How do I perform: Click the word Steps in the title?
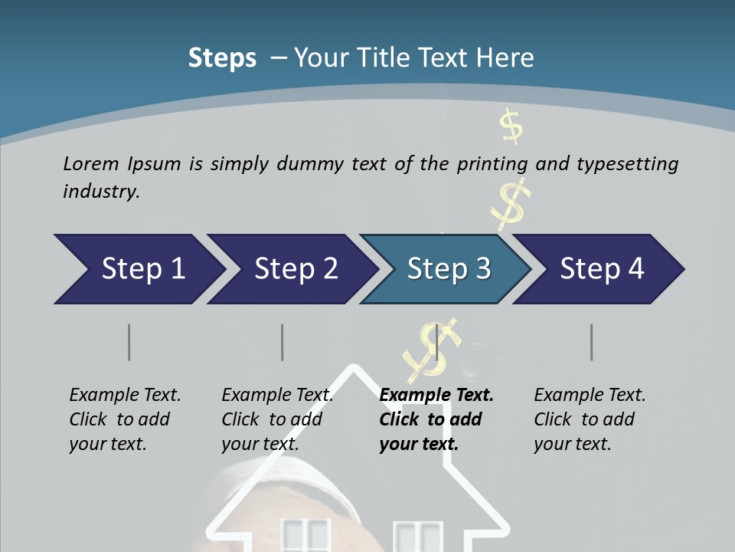222,58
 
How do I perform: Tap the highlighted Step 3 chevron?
449,269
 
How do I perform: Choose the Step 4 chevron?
602,269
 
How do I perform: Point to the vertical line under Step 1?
129,342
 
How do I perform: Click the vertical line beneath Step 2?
283,342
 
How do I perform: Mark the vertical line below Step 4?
592,342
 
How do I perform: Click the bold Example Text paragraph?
436,419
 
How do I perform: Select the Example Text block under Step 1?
125,419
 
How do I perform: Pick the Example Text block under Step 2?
277,419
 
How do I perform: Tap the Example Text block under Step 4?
590,419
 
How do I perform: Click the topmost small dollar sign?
511,127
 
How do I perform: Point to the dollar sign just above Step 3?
511,202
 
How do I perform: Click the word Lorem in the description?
91,163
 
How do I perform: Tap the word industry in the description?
100,191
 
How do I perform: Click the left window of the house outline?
305,536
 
